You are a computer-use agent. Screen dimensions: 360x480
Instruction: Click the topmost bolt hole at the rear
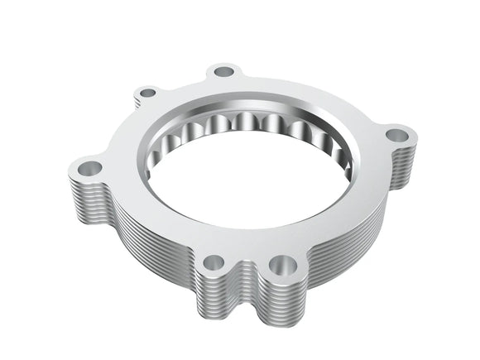(x=223, y=72)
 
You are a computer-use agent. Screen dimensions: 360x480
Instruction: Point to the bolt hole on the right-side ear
(x=396, y=133)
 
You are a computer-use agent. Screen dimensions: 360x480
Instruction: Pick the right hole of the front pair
(x=285, y=265)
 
